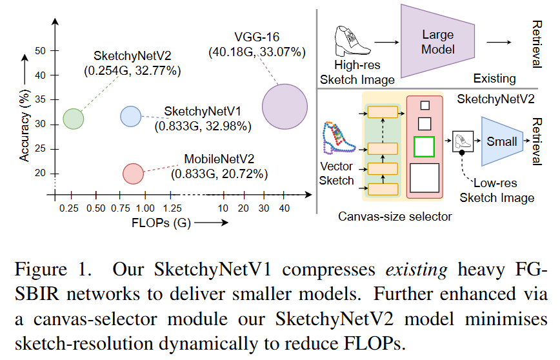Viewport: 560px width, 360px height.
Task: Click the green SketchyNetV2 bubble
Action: (x=74, y=118)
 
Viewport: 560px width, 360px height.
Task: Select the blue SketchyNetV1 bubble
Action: (x=131, y=116)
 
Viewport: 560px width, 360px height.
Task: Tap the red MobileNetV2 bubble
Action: (x=133, y=173)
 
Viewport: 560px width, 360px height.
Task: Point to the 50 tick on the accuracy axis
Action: (x=40, y=50)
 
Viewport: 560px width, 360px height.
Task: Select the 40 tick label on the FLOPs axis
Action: (x=284, y=208)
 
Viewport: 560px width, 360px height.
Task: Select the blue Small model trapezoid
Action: (x=501, y=141)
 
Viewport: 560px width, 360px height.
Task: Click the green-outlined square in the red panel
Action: (x=424, y=147)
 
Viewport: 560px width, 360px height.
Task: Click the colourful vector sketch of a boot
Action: (x=337, y=136)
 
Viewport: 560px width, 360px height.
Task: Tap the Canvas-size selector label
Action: (x=395, y=216)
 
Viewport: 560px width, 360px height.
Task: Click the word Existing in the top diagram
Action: (x=494, y=79)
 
